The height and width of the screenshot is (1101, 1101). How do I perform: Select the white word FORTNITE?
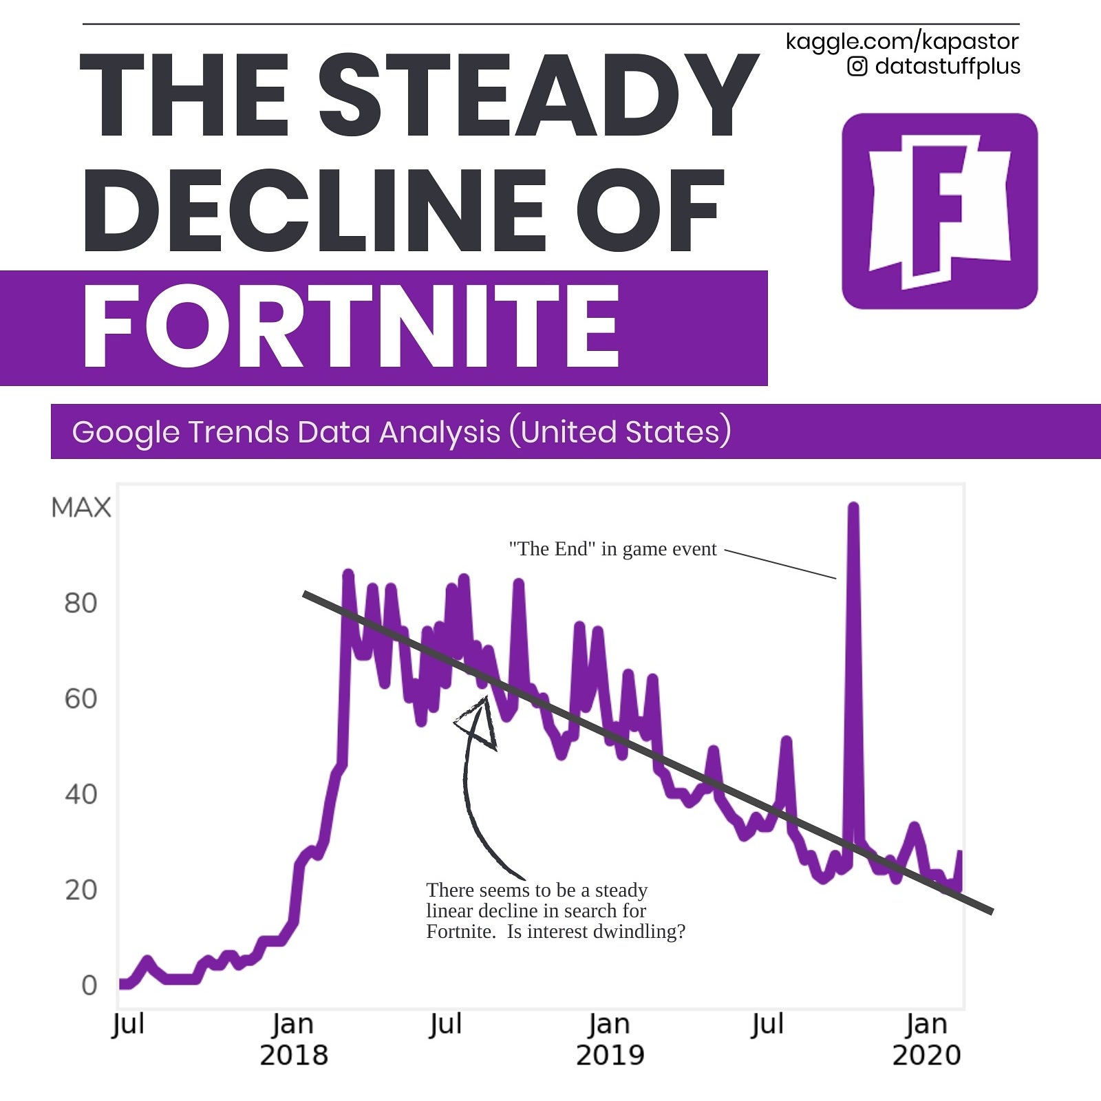click(351, 327)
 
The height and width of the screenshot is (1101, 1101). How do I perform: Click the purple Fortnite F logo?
click(939, 211)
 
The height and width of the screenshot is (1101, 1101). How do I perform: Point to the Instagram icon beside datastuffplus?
click(857, 66)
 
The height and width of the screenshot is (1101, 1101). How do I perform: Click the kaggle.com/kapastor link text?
click(901, 41)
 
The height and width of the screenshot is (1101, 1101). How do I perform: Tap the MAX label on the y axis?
click(81, 508)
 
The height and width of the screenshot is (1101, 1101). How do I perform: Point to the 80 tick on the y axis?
click(81, 603)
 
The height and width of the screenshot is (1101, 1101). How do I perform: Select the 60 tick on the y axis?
click(81, 699)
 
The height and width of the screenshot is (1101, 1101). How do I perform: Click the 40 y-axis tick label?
click(81, 795)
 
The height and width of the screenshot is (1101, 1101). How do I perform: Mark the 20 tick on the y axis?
click(81, 890)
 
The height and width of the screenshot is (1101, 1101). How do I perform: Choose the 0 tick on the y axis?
click(89, 985)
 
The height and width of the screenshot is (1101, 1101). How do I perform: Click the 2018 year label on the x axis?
click(294, 1055)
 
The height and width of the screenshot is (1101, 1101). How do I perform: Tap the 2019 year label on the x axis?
click(610, 1055)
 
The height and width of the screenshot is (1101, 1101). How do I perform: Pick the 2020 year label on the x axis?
click(926, 1055)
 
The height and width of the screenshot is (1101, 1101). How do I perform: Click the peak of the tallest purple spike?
click(853, 507)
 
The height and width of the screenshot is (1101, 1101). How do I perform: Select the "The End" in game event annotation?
click(612, 549)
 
